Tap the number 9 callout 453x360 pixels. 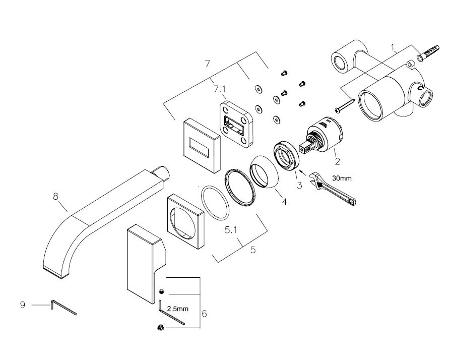pos(22,305)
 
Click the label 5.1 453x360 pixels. pos(231,230)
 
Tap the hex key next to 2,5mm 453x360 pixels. pos(171,314)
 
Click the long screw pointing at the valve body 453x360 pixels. pos(345,106)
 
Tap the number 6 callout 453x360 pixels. pos(204,313)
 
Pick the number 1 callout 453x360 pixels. pos(394,47)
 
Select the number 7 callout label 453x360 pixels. pos(206,64)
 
